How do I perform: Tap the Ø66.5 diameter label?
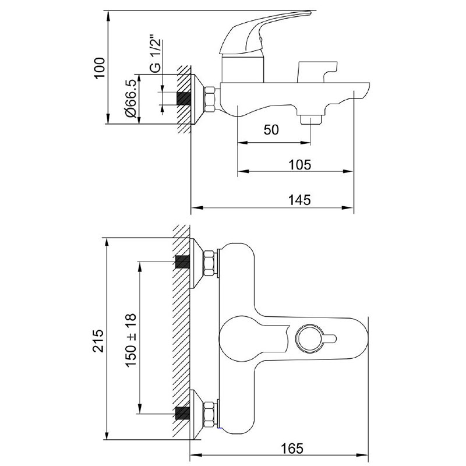[130, 98]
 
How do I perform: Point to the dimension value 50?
[271, 130]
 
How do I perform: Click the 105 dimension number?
[300, 165]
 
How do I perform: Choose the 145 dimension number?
[300, 200]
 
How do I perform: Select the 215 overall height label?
[98, 340]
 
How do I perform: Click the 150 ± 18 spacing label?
[130, 340]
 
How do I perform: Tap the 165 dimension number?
[292, 448]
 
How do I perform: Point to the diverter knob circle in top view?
[309, 338]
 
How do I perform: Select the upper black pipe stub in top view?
[182, 262]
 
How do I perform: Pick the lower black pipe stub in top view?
[182, 414]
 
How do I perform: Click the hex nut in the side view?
[210, 99]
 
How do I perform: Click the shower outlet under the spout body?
[311, 119]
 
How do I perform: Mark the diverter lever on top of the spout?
[317, 72]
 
